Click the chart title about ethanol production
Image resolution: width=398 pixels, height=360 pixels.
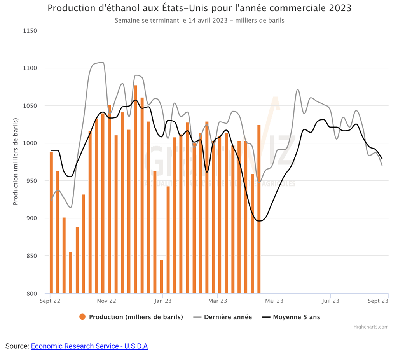[x=199, y=8]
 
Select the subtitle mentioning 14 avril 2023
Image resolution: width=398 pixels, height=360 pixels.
[x=199, y=20]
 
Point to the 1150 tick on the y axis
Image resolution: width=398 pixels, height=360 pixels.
[x=30, y=31]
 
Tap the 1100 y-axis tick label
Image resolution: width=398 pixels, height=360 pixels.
[x=30, y=68]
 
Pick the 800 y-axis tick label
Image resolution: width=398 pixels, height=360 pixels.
[x=31, y=293]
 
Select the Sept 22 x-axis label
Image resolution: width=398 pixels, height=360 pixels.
[x=50, y=301]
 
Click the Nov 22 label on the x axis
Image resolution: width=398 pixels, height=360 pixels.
[x=106, y=301]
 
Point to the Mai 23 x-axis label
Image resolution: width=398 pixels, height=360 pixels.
[x=274, y=301]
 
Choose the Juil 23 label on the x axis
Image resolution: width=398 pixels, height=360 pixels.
[x=330, y=301]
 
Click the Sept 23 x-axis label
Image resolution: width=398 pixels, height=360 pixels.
[x=378, y=301]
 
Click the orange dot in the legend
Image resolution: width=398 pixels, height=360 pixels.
[x=82, y=317]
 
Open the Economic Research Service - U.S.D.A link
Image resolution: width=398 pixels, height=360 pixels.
[x=89, y=346]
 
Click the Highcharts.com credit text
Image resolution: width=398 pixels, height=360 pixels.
[x=371, y=327]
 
